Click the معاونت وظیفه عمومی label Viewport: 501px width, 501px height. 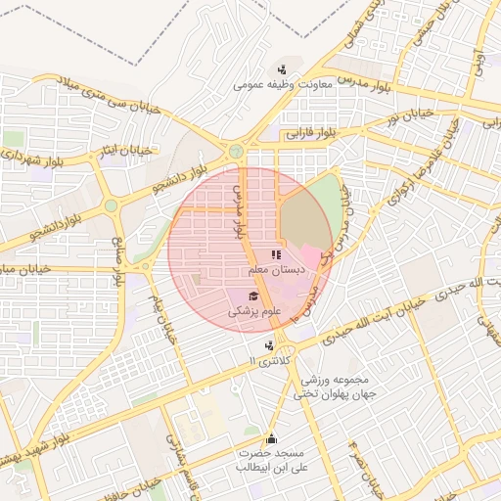[283, 85]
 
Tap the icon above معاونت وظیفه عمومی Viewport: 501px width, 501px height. [282, 68]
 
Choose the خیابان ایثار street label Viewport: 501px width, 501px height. [130, 151]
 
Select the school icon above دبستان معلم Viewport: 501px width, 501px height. [275, 254]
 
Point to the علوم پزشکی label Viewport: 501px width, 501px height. [254, 312]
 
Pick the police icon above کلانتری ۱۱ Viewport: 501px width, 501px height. [269, 344]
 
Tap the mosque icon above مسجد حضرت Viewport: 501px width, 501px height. [271, 438]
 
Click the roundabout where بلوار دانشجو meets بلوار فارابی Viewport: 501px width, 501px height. [236, 151]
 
